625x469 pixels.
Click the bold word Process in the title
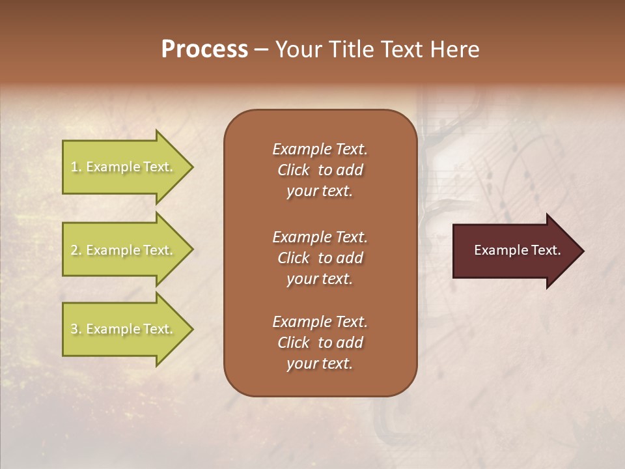[x=204, y=50]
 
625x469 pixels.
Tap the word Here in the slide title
[x=455, y=50]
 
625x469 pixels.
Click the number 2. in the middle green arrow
[x=76, y=250]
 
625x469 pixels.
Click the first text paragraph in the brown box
[x=320, y=170]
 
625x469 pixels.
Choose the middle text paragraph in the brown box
[x=320, y=258]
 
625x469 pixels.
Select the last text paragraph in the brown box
[x=320, y=343]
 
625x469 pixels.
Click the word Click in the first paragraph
[x=294, y=170]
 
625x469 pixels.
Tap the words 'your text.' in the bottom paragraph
[x=320, y=363]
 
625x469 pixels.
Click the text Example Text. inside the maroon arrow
[x=517, y=250]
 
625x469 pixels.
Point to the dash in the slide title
[x=261, y=50]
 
